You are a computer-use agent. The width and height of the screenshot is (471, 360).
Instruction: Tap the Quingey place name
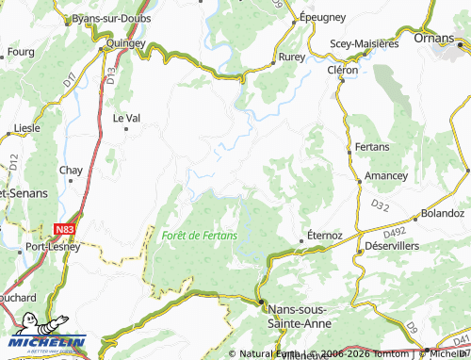(x=126, y=42)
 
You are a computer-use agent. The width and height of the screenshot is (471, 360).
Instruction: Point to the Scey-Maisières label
(x=365, y=43)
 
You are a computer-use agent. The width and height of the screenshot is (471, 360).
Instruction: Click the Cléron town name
(x=343, y=70)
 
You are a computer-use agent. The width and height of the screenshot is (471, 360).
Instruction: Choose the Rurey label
(x=290, y=57)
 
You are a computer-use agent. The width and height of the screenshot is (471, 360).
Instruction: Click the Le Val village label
(x=126, y=118)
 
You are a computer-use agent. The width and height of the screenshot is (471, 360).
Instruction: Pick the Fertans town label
(x=374, y=148)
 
